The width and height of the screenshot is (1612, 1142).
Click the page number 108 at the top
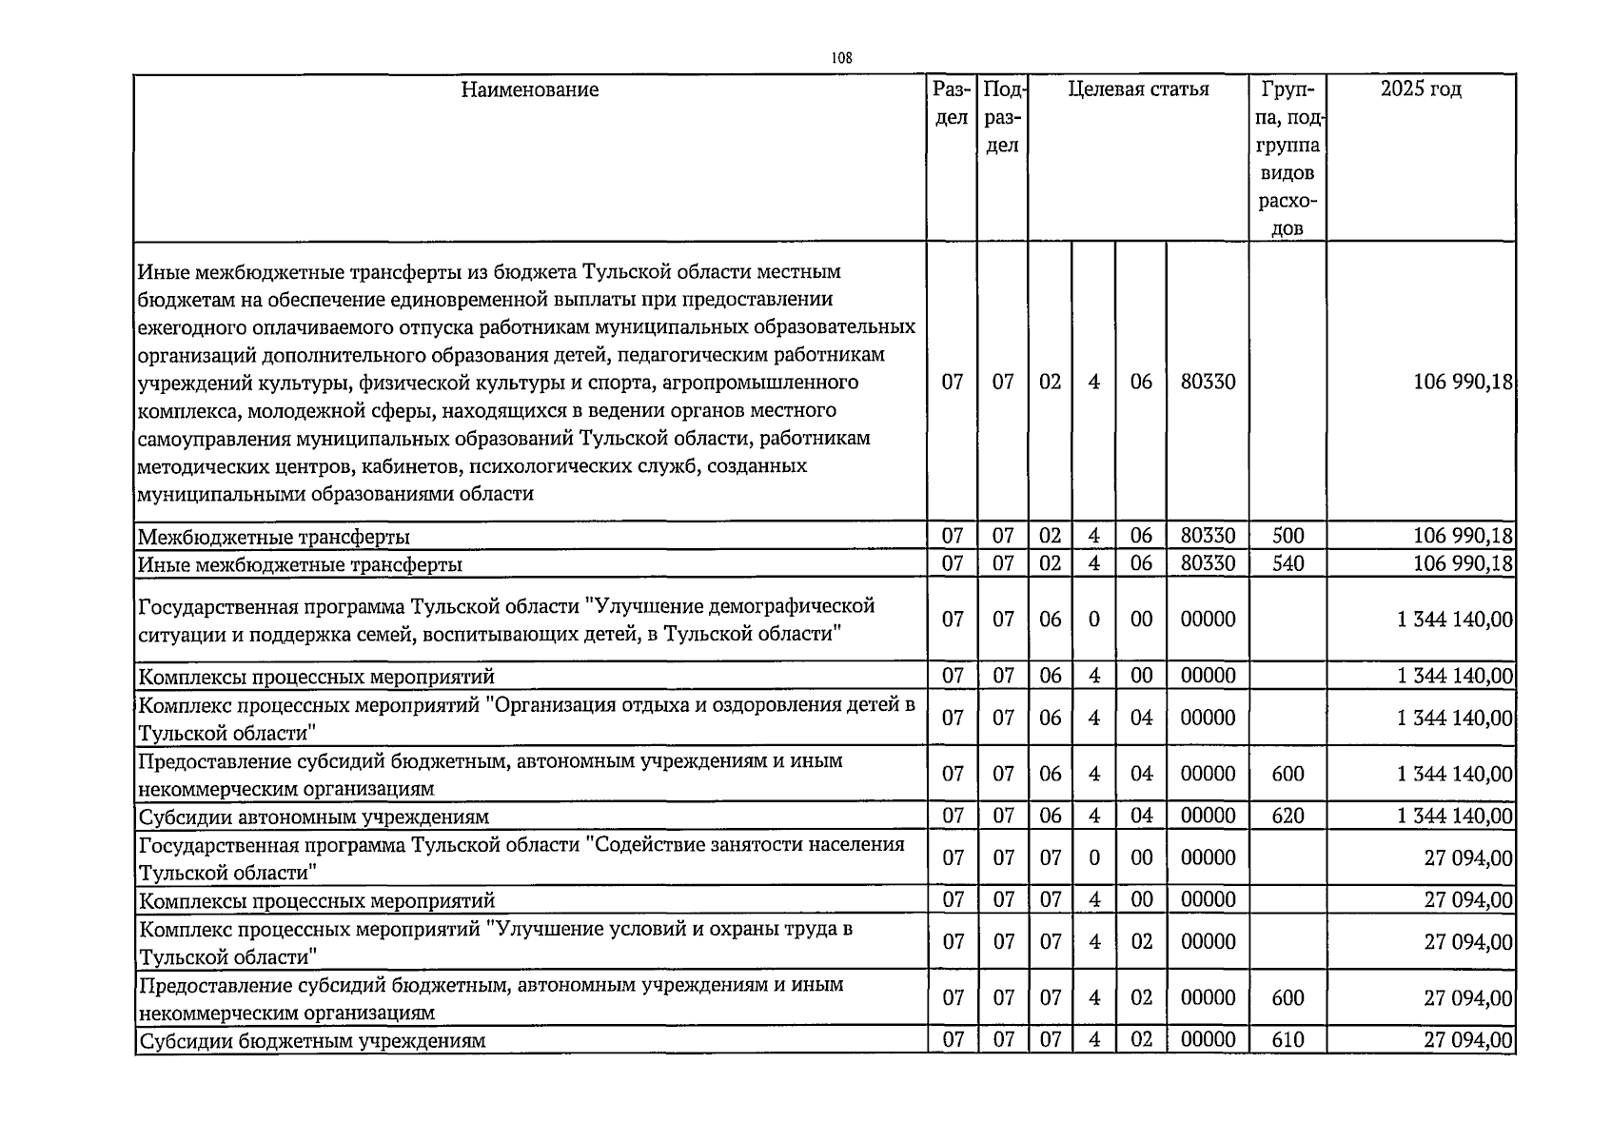click(841, 58)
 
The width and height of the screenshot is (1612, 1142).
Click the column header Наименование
click(530, 89)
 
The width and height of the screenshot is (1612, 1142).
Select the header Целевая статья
click(1138, 89)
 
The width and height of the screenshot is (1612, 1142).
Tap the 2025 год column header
click(1421, 89)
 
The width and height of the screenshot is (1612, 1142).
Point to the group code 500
click(1288, 536)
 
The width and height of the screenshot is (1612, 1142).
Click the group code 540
click(1288, 563)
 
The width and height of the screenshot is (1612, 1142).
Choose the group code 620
click(1288, 816)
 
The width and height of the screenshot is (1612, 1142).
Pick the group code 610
click(1288, 1039)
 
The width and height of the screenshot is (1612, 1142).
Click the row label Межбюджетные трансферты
click(274, 537)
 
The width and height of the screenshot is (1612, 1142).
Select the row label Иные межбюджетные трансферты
click(301, 564)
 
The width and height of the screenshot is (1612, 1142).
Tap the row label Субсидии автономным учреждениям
click(314, 817)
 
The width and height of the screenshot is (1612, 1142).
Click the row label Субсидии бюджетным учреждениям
click(312, 1040)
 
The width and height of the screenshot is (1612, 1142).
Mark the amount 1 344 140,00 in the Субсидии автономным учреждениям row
click(1454, 816)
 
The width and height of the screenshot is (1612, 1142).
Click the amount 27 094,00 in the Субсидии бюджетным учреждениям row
click(1467, 1039)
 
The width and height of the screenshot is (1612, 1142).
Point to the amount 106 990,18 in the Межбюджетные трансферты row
click(1463, 536)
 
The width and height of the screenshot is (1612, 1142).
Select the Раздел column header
click(952, 103)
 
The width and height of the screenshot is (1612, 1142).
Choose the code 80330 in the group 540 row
click(1208, 563)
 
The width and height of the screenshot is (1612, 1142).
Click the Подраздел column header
click(1002, 117)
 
